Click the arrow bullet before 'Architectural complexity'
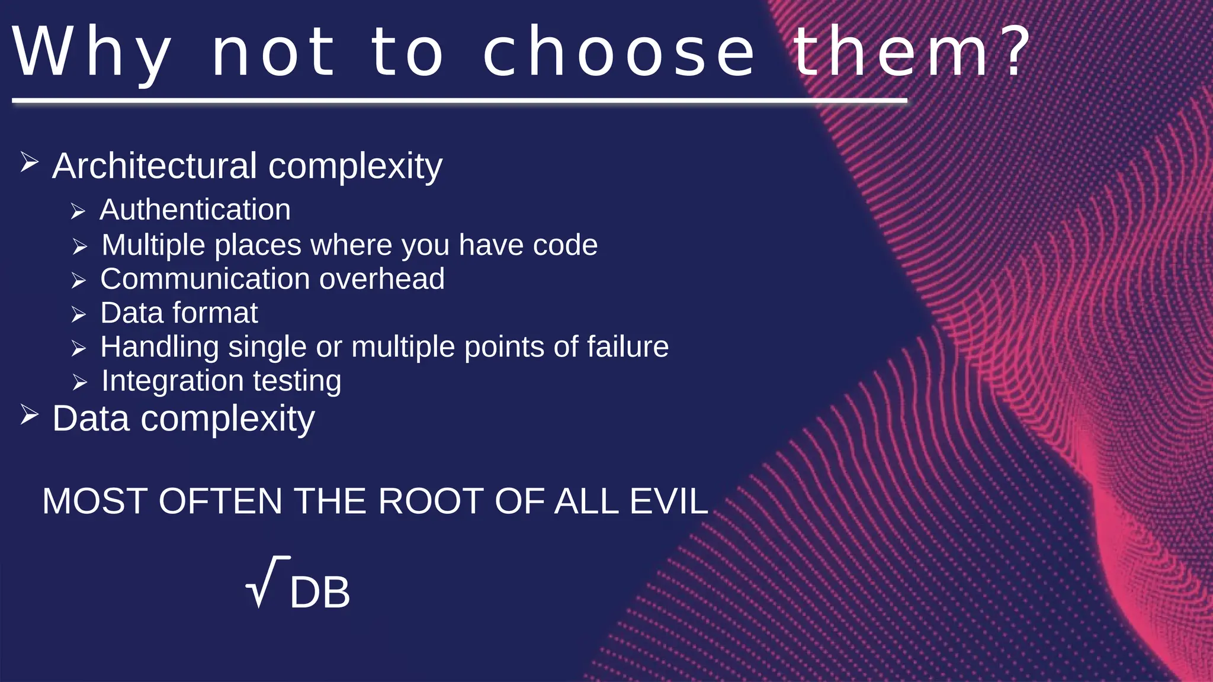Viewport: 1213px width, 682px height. pyautogui.click(x=29, y=162)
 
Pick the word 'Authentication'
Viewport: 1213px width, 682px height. pyautogui.click(x=195, y=210)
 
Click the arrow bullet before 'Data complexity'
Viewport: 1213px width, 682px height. pyautogui.click(x=29, y=414)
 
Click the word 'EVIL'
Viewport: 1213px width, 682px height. pyautogui.click(x=669, y=501)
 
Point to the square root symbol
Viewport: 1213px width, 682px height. pyautogui.click(x=265, y=583)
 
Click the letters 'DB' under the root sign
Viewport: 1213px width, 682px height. pyautogui.click(x=320, y=592)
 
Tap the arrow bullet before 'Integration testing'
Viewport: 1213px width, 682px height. pyautogui.click(x=79, y=382)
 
